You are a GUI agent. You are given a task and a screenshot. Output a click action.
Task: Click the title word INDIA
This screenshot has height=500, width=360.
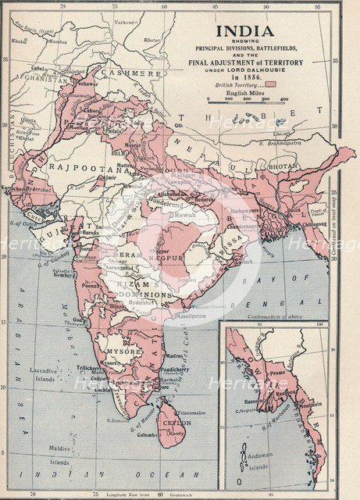pos(245,31)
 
